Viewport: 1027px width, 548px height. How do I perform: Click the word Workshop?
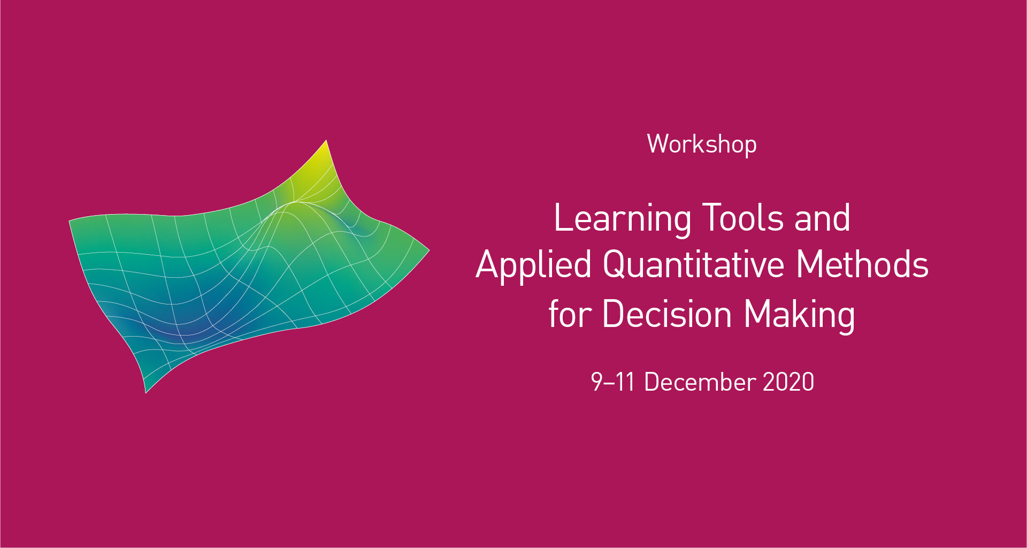pyautogui.click(x=702, y=144)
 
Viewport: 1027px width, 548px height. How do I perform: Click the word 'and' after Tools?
pyautogui.click(x=822, y=218)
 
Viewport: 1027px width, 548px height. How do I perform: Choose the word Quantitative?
pyautogui.click(x=693, y=265)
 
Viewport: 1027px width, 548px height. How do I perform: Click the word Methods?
pyautogui.click(x=862, y=265)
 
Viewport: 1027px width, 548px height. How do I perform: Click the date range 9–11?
pyautogui.click(x=612, y=382)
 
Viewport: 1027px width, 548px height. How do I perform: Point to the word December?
pyautogui.click(x=700, y=382)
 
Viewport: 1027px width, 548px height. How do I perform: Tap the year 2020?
pyautogui.click(x=788, y=382)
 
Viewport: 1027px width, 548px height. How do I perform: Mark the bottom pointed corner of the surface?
pyautogui.click(x=147, y=390)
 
